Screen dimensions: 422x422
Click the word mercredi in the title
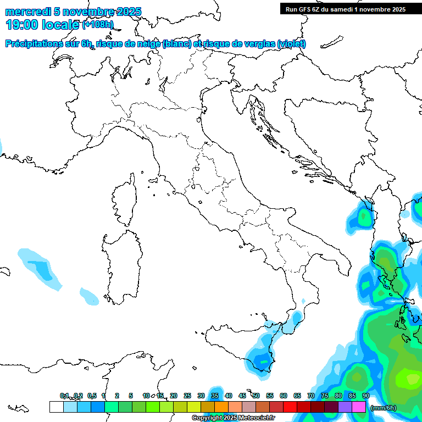[28, 12]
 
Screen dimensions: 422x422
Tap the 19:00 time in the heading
[21, 25]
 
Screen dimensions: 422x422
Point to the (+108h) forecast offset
[98, 25]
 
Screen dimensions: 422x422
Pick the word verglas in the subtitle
[257, 44]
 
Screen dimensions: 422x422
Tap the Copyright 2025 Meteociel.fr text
[233, 418]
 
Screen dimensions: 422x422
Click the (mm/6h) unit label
[384, 408]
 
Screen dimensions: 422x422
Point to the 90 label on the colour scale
[366, 396]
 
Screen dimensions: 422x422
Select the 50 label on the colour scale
[256, 396]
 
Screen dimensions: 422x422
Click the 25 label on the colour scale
[187, 396]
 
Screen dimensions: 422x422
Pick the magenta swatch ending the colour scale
[359, 407]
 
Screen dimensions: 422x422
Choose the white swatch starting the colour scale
[56, 407]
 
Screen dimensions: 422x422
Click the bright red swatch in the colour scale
[290, 407]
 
